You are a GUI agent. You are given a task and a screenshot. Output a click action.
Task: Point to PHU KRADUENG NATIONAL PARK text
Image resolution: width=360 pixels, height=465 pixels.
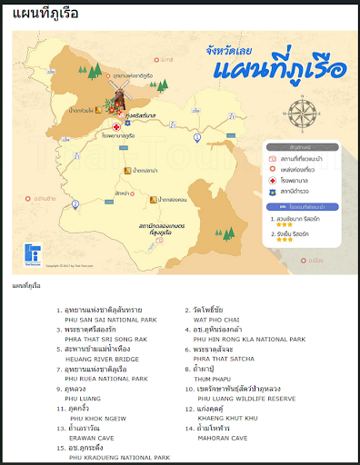pos(119,458)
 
